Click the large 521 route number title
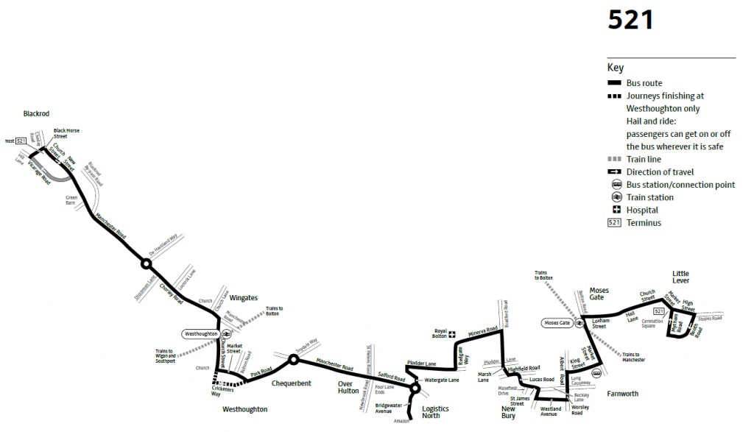[631, 20]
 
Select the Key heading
[616, 68]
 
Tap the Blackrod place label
[35, 114]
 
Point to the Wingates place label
[244, 298]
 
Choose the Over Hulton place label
[348, 387]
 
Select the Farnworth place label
[622, 394]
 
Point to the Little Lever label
[680, 277]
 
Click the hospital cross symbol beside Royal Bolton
[454, 335]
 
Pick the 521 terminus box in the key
[616, 223]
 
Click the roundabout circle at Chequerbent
[293, 360]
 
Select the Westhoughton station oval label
[201, 334]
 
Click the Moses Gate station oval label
[557, 323]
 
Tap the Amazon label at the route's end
[401, 422]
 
